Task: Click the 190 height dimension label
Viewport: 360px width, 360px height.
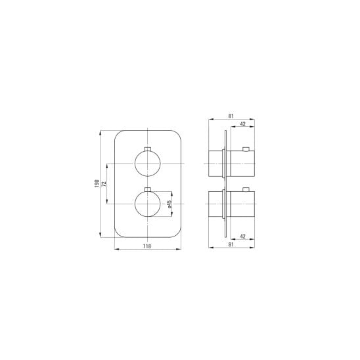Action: (x=97, y=183)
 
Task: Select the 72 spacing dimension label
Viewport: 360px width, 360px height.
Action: (x=104, y=184)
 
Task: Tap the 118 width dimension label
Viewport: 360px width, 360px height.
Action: (x=147, y=246)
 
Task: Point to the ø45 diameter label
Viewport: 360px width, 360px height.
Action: (x=169, y=204)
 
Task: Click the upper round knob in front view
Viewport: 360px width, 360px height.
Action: (x=147, y=164)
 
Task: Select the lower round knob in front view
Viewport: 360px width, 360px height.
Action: (x=147, y=204)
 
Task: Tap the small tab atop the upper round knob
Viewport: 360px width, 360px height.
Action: (x=147, y=149)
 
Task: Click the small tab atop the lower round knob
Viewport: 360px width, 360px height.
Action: (x=147, y=189)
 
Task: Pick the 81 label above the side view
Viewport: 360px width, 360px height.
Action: (x=231, y=116)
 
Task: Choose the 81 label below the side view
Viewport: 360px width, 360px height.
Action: (x=231, y=244)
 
